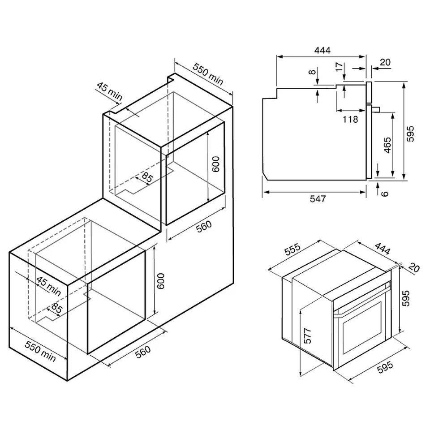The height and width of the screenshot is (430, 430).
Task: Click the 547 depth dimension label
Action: pos(318,198)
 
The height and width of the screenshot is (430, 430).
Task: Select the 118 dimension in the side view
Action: pos(350,119)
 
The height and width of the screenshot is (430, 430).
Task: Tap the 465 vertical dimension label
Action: pos(387,145)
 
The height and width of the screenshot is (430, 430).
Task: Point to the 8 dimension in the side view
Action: pos(312,72)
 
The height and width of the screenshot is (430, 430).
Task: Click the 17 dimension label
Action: pos(339,66)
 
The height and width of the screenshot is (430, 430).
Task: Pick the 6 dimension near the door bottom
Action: pos(385,193)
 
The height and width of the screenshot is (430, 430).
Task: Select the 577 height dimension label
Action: pos(308,335)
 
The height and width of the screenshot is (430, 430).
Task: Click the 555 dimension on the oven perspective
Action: pos(292,249)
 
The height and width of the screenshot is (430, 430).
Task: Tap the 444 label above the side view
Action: pos(322,50)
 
